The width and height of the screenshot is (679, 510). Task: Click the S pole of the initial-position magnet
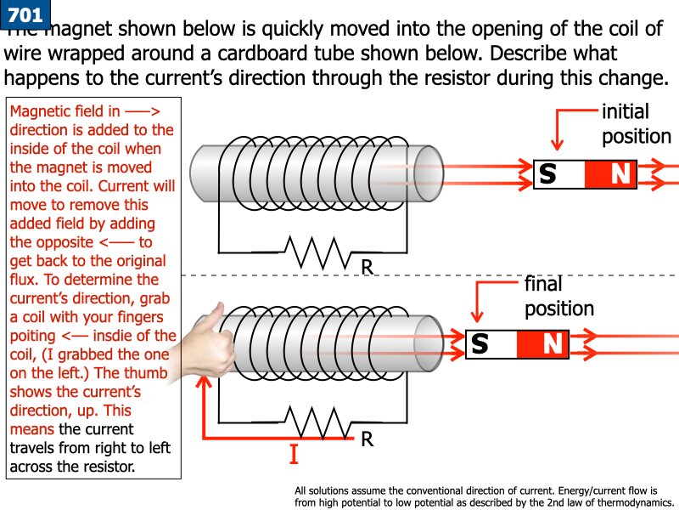tap(548, 174)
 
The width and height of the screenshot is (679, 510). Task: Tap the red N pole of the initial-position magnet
tap(620, 174)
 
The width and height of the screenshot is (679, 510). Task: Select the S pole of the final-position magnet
tap(480, 343)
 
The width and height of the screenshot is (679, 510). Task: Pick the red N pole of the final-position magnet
tap(553, 343)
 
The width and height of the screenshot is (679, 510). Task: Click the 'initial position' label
tap(635, 124)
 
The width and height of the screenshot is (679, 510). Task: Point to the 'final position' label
tap(559, 296)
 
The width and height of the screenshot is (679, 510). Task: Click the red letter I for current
tap(294, 456)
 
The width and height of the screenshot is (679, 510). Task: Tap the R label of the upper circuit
tap(367, 267)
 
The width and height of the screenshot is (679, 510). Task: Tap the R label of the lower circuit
tap(367, 439)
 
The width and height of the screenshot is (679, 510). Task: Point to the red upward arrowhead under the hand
tap(203, 383)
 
